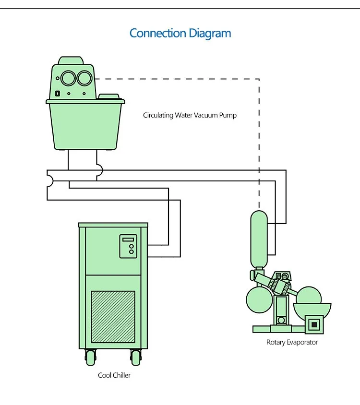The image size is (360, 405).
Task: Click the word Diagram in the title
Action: coord(209,34)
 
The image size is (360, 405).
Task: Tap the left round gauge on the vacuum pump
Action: coord(69,78)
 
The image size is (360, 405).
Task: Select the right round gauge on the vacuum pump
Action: coord(85,78)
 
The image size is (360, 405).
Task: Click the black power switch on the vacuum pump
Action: coord(58,93)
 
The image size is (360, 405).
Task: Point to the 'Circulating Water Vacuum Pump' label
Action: coord(190,115)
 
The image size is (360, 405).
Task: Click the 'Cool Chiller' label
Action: coord(114,375)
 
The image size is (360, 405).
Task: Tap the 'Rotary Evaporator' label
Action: coord(292,342)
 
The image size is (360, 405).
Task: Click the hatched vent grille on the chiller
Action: coord(113,316)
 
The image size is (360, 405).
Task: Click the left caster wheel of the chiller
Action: coord(90,357)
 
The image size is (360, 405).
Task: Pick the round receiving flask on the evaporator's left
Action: coord(259,299)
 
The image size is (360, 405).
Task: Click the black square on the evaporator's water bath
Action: coord(314,325)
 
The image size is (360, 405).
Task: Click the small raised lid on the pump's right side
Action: coord(110,96)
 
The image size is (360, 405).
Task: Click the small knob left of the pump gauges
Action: coord(58,78)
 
